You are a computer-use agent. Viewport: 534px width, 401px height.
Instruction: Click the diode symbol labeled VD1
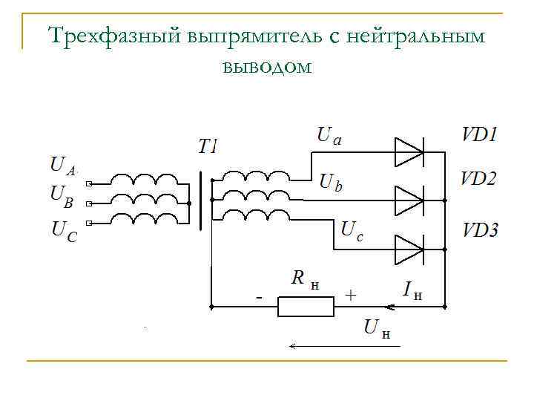click(409, 153)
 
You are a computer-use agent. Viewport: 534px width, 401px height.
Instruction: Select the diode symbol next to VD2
click(409, 200)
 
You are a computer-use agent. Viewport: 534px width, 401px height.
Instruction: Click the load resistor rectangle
click(301, 306)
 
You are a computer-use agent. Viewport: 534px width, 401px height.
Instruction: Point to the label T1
click(208, 146)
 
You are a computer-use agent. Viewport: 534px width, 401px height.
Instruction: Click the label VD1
click(480, 135)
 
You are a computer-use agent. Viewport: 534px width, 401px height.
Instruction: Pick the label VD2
click(479, 179)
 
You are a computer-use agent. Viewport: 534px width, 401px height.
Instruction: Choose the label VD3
click(481, 229)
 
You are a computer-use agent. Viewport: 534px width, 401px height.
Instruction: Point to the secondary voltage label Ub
click(331, 181)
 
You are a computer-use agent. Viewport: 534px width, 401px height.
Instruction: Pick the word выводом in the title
click(266, 67)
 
